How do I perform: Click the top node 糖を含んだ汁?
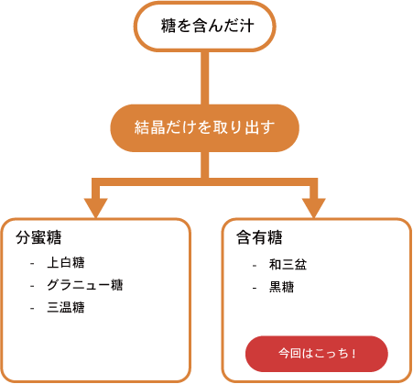pyautogui.click(x=205, y=27)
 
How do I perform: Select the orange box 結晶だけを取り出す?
pyautogui.click(x=205, y=128)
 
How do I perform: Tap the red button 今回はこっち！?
pyautogui.click(x=317, y=354)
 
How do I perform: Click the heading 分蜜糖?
pyautogui.click(x=38, y=237)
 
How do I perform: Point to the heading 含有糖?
pyautogui.click(x=259, y=237)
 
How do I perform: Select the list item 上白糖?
pyautogui.click(x=66, y=263)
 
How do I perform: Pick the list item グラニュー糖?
pyautogui.click(x=85, y=285)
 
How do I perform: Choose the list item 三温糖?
pyautogui.click(x=66, y=307)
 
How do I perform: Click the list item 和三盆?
pyautogui.click(x=288, y=265)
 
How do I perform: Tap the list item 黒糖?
pyautogui.click(x=281, y=287)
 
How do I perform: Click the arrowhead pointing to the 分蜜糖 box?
pyautogui.click(x=96, y=208)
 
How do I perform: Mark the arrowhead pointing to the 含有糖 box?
pyautogui.click(x=314, y=208)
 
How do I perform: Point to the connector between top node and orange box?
pyautogui.click(x=205, y=78)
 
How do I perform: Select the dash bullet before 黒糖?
pyautogui.click(x=255, y=288)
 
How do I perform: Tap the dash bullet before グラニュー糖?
pyautogui.click(x=32, y=286)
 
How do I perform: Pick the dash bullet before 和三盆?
pyautogui.click(x=255, y=266)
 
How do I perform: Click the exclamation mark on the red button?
pyautogui.click(x=353, y=354)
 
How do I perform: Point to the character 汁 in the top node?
pyautogui.click(x=246, y=26)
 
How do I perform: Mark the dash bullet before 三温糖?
pyautogui.click(x=32, y=309)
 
